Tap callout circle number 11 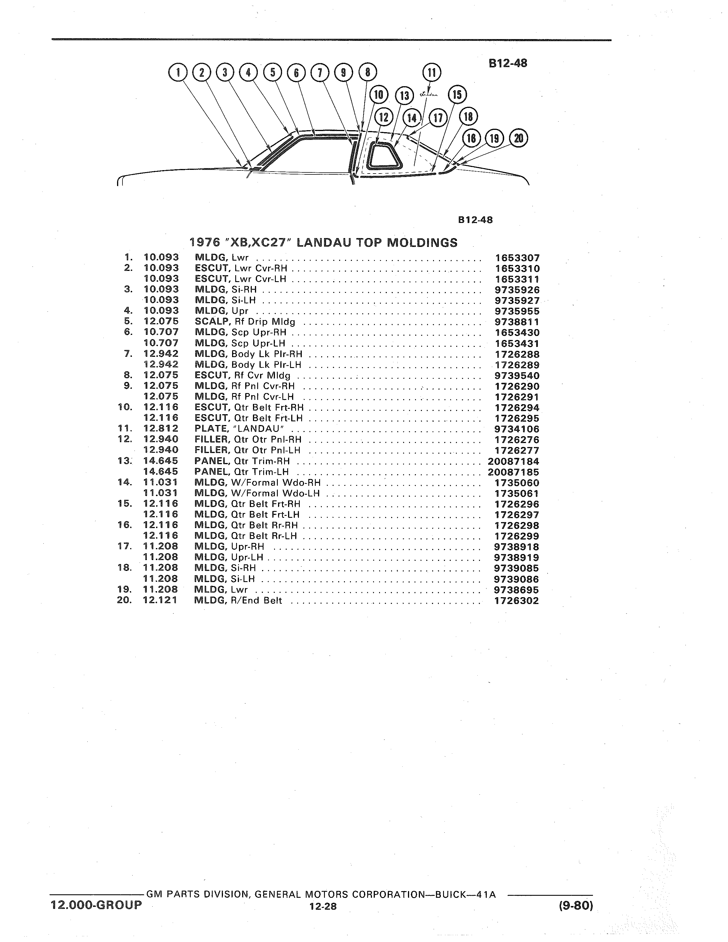click(432, 73)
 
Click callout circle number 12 click(384, 117)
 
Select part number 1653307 click(517, 258)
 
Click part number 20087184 click(514, 461)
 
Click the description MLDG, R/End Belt click(238, 600)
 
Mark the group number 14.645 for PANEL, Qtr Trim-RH click(160, 461)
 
